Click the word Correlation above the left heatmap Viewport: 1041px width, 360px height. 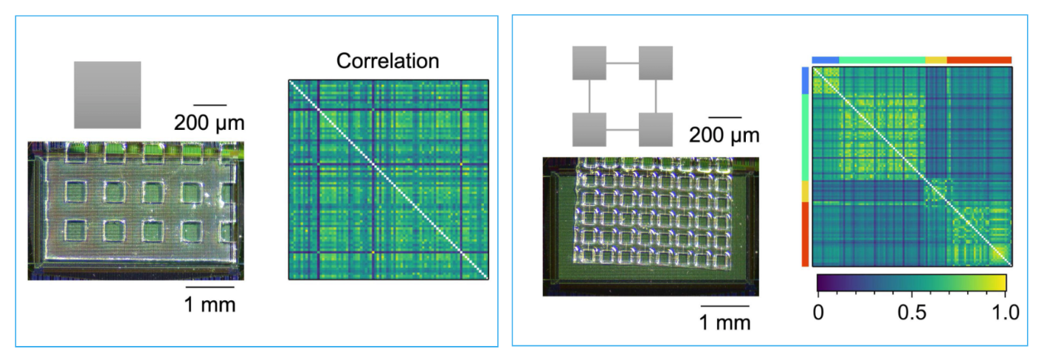[387, 61]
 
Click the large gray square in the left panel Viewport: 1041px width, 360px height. [107, 94]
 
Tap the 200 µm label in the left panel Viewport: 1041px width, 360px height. [209, 122]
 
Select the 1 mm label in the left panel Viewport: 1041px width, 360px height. [210, 304]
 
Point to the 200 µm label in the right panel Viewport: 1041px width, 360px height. [724, 135]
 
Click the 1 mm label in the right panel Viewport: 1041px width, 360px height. [725, 322]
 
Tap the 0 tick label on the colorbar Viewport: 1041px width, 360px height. [817, 311]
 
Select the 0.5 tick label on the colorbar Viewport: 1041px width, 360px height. [911, 311]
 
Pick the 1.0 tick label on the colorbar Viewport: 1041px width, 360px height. [1005, 311]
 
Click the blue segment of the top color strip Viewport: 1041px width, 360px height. [826, 60]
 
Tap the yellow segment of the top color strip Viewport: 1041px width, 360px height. [935, 60]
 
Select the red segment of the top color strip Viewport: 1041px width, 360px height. [979, 60]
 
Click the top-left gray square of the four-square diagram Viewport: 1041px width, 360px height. [589, 63]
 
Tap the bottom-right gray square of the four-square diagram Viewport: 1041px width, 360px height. [655, 130]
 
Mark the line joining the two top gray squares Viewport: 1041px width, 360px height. [622, 63]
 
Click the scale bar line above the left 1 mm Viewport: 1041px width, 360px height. [210, 286]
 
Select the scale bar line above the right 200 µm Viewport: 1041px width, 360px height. [724, 117]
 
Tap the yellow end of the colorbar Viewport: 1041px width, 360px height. [999, 283]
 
